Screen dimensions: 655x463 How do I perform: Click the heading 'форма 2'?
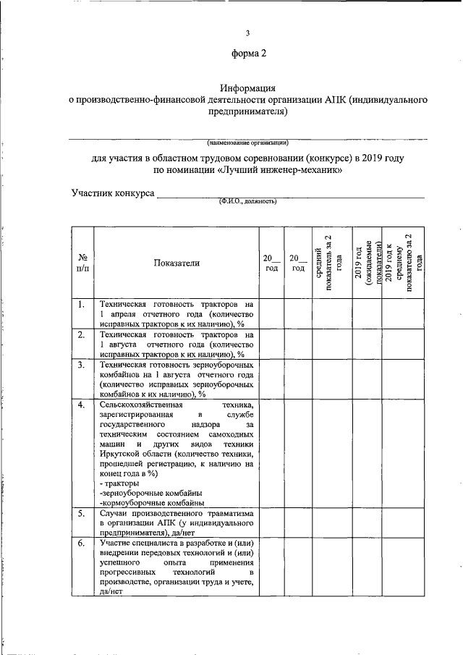247,54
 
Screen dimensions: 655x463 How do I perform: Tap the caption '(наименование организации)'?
247,142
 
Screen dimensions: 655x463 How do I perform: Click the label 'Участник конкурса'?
112,194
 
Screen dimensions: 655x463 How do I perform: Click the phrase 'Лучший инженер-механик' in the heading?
279,171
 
